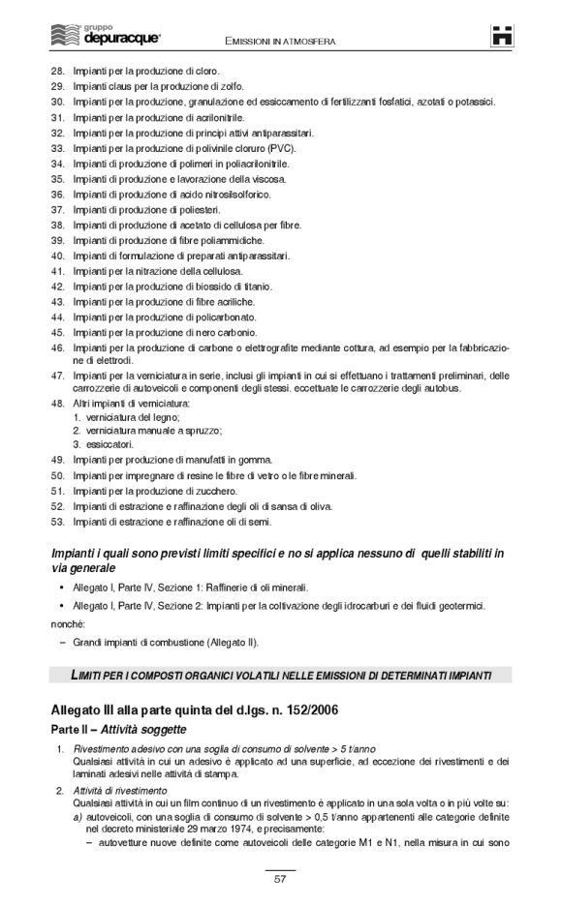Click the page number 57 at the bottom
[280, 879]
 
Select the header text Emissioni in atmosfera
[280, 41]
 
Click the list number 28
[56, 71]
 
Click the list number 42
[56, 287]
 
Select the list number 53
[56, 522]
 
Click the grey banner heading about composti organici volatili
[281, 674]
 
